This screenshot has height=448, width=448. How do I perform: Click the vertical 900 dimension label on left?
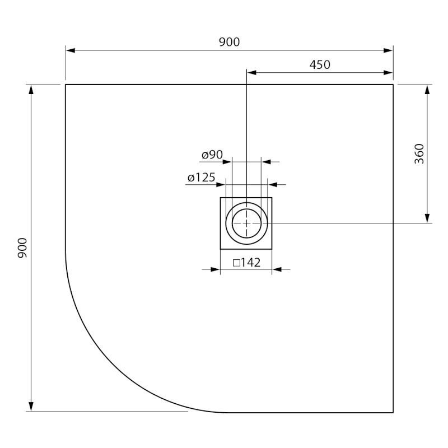click(x=23, y=248)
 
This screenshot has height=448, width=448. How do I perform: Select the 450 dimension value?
click(x=320, y=64)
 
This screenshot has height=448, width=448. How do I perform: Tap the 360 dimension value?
click(x=419, y=154)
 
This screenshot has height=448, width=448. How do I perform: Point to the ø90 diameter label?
click(x=212, y=155)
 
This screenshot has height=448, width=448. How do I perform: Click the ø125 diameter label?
click(x=202, y=178)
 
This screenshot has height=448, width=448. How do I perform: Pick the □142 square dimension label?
click(x=246, y=262)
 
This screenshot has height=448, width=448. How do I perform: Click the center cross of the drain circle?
click(x=246, y=223)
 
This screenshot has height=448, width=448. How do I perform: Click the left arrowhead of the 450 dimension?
click(x=251, y=72)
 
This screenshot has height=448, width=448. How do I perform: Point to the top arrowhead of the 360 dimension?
click(x=427, y=89)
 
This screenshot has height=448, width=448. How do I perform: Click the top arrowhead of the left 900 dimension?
click(x=31, y=89)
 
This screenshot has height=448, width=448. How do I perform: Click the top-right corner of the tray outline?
click(x=393, y=85)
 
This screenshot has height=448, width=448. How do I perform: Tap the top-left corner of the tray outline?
click(x=66, y=85)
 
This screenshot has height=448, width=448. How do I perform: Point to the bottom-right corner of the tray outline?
click(x=393, y=413)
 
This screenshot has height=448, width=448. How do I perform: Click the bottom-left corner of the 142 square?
click(x=221, y=249)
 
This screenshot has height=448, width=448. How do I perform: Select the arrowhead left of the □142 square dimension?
click(x=215, y=270)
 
